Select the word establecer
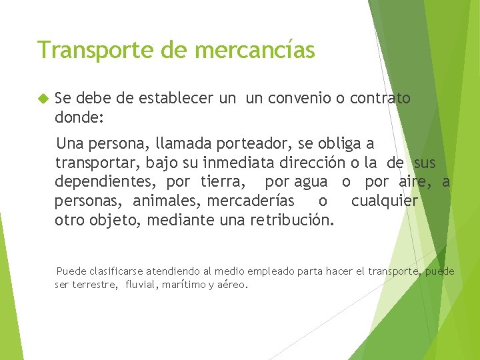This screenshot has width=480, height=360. (176, 99)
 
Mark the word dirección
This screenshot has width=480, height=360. (335, 162)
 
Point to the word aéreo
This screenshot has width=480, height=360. (233, 285)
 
